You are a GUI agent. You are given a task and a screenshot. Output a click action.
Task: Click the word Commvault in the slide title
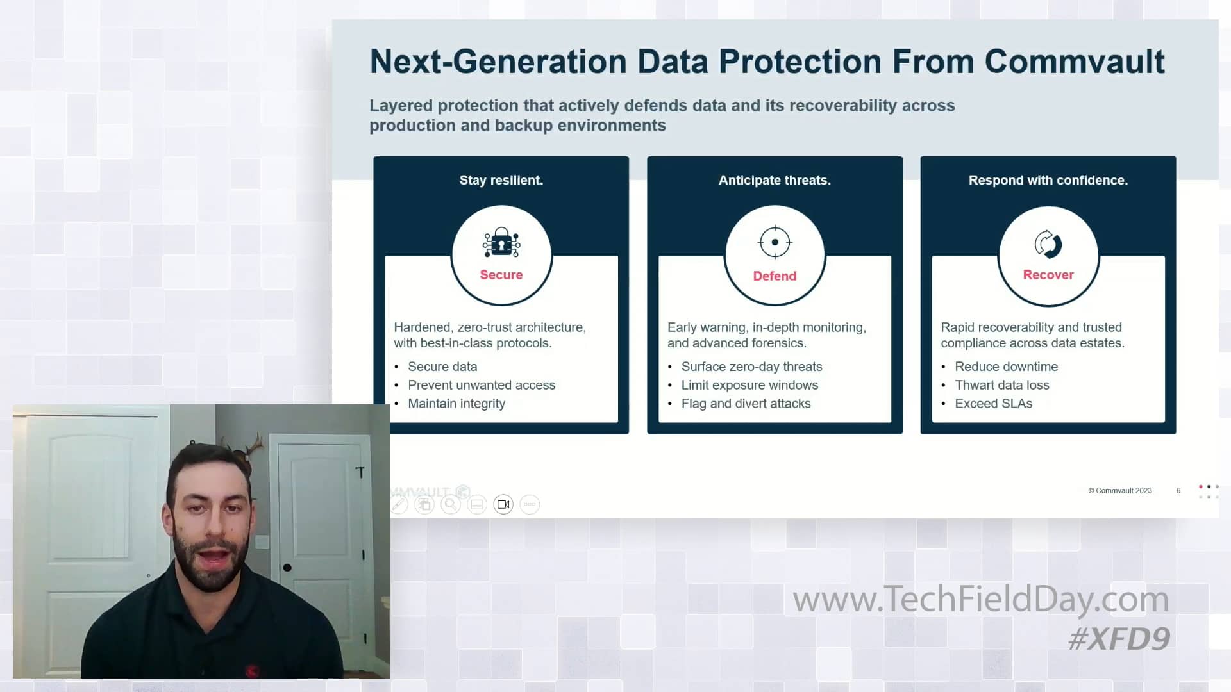pos(1075,62)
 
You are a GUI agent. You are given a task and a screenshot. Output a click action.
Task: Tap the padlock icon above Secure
pos(501,243)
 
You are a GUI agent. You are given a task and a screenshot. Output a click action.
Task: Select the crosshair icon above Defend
pos(775,242)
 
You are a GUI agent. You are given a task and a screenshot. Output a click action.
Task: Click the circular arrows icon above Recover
pos(1048,243)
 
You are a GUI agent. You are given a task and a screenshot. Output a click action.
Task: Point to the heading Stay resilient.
pos(501,180)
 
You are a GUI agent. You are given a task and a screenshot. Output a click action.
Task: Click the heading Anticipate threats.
pos(775,180)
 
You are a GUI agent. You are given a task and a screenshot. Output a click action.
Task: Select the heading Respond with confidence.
pos(1048,180)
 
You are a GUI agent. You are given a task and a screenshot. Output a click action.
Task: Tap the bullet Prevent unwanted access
pos(481,385)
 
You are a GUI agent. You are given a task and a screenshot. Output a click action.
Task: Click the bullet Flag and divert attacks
pos(746,404)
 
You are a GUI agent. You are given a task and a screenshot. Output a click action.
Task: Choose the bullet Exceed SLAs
pos(993,404)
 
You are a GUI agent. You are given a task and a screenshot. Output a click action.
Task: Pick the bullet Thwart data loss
pos(1001,385)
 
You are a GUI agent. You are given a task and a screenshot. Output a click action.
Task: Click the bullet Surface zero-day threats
pos(751,367)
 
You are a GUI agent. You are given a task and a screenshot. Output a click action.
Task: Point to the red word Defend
pos(775,276)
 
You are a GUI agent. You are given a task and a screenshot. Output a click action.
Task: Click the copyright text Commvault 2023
pos(1119,491)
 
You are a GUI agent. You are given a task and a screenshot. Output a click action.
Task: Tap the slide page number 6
pos(1178,491)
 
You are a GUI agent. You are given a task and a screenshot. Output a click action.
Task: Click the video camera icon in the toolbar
pos(503,505)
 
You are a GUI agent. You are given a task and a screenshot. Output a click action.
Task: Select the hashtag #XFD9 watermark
pos(1119,639)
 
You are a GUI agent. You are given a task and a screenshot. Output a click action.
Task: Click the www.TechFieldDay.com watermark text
pos(981,600)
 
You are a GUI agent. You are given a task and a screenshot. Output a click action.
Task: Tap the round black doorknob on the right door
pos(287,568)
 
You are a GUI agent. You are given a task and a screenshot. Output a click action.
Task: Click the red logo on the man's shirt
pos(252,670)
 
